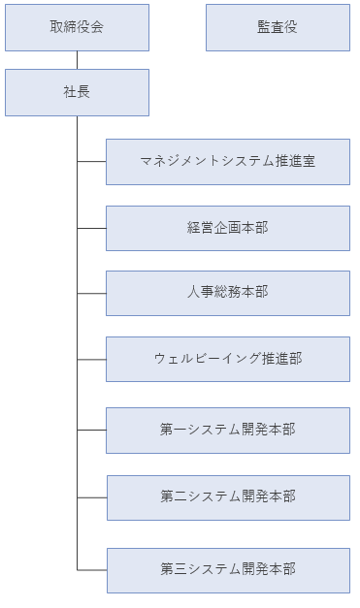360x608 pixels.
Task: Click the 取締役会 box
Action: coord(77,27)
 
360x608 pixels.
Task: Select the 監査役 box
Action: coord(278,27)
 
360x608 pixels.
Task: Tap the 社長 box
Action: coord(77,92)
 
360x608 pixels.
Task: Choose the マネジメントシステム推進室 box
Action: coord(227,162)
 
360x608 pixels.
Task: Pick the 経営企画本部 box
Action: coord(227,228)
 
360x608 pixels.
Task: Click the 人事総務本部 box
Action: coord(227,292)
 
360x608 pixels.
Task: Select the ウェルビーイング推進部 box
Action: coord(227,359)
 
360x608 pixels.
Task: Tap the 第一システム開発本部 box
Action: coord(227,430)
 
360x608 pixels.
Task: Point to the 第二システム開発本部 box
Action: coord(227,496)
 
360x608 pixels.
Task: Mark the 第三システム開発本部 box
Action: coord(227,570)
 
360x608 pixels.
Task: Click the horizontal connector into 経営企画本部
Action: coord(91,228)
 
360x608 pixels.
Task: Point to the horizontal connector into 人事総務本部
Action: coord(91,293)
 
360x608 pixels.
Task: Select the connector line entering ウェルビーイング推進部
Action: coord(91,359)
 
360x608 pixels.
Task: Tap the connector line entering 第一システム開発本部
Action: coord(91,430)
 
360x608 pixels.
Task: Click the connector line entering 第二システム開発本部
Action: coord(91,496)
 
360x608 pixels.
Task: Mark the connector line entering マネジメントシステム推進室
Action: coord(91,162)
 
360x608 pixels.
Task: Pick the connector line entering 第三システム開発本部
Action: coord(91,569)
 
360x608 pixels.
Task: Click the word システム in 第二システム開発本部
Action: coord(208,496)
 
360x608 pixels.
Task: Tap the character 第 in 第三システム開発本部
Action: coord(167,569)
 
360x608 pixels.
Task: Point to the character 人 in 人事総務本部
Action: coord(194,292)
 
